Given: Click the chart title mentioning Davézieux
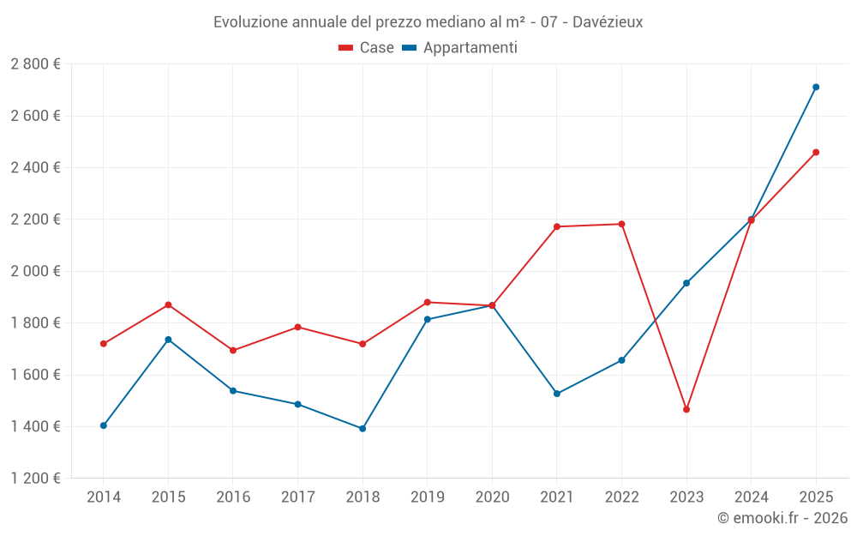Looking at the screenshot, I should click(428, 21).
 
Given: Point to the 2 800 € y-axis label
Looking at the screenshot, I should click(36, 64).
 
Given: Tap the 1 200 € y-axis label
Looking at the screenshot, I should click(36, 479).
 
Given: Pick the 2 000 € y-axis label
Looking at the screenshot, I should click(36, 271).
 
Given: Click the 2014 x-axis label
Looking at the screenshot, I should click(104, 497).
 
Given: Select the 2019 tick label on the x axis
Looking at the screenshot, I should click(427, 497).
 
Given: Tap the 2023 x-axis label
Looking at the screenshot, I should click(686, 497).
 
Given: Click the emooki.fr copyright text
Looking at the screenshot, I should click(782, 518).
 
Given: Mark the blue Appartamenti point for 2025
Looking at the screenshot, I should click(816, 87).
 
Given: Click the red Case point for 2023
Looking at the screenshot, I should click(686, 409).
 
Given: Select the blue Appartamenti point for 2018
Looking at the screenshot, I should click(363, 428).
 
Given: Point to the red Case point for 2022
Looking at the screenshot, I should click(621, 224).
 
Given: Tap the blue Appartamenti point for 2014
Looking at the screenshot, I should click(104, 425).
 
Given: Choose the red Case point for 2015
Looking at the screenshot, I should click(168, 304).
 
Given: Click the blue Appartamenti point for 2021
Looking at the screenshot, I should click(557, 394).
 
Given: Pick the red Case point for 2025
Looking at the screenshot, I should click(816, 153).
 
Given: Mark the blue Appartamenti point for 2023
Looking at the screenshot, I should click(686, 283).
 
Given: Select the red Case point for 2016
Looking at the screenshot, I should click(233, 350).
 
